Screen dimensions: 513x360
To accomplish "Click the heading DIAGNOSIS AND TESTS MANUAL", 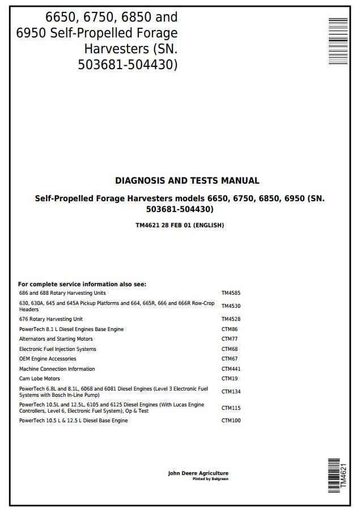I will pyautogui.click(x=187, y=181).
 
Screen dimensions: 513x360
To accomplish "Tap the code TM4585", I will pyautogui.click(x=231, y=293).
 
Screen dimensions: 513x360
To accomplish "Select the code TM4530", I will pyautogui.click(x=231, y=306).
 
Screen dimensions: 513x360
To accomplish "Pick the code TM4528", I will pyautogui.click(x=231, y=319).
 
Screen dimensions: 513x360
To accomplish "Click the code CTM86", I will pyautogui.click(x=229, y=329).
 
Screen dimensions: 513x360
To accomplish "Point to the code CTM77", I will pyautogui.click(x=229, y=339).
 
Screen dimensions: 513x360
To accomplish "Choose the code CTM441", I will pyautogui.click(x=231, y=369).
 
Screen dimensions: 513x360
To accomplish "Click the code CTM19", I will pyautogui.click(x=229, y=379).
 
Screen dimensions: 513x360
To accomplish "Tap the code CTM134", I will pyautogui.click(x=231, y=391).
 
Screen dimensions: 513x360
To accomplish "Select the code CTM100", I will pyautogui.click(x=231, y=421).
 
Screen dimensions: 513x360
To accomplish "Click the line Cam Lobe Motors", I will pyautogui.click(x=40, y=379).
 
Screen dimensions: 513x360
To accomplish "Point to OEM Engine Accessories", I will pyautogui.click(x=48, y=359).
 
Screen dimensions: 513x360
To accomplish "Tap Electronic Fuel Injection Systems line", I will pyautogui.click(x=58, y=349).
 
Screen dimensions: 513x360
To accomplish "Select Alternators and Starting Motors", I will pyautogui.click(x=56, y=339).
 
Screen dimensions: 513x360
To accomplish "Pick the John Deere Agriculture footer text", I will pyautogui.click(x=198, y=473).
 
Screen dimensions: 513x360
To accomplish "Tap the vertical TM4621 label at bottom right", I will pyautogui.click(x=343, y=476).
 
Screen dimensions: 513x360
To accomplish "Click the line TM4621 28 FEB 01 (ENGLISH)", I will pyautogui.click(x=180, y=225).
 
